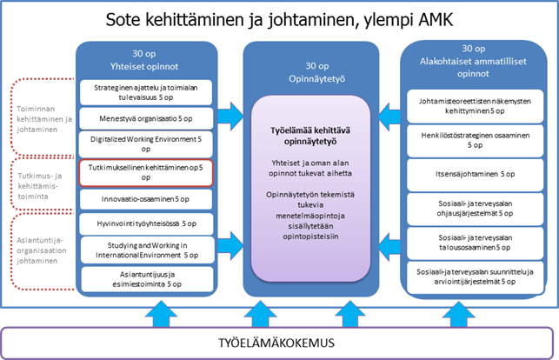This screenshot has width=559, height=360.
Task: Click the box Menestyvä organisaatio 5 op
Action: (146, 118)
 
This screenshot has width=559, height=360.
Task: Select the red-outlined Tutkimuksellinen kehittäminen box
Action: (146, 173)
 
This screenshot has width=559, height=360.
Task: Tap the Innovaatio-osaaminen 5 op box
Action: (146, 199)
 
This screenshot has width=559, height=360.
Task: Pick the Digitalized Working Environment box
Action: (146, 144)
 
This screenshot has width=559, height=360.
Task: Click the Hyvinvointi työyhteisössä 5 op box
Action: (147, 223)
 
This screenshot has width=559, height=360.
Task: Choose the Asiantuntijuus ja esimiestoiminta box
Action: (147, 279)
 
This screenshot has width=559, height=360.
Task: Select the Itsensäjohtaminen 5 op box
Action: (476, 174)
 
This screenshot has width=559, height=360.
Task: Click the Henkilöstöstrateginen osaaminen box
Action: (476, 141)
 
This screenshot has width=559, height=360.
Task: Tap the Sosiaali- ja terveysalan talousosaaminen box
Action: (476, 243)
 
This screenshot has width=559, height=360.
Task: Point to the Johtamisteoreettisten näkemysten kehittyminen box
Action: (476, 106)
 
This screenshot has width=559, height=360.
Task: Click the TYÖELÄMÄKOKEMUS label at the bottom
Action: (276, 343)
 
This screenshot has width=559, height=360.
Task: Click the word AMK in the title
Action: (436, 20)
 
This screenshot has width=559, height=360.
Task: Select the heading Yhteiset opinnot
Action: (144, 67)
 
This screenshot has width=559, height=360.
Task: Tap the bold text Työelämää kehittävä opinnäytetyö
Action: (310, 136)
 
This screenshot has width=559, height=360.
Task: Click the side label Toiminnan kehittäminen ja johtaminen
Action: (44, 119)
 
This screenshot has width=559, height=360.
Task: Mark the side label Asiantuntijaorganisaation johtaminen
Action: (42, 250)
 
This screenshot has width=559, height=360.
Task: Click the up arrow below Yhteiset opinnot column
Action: (161, 314)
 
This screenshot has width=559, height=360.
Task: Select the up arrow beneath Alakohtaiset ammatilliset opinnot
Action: (458, 314)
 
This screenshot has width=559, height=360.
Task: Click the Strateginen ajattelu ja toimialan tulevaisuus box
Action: (146, 93)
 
